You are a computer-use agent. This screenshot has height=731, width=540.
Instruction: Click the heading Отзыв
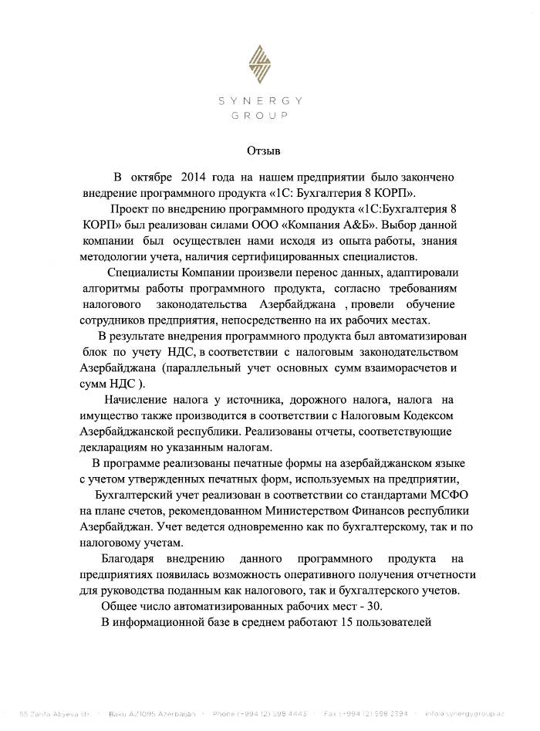pyautogui.click(x=264, y=149)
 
